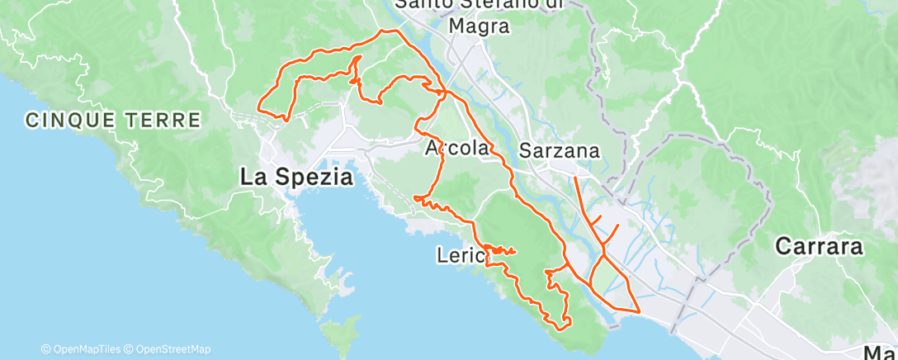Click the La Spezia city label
coord(296,176)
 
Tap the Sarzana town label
coord(559,151)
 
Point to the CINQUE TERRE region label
coord(113,120)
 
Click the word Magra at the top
coord(479,26)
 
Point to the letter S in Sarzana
coord(526,151)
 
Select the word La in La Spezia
coord(252,176)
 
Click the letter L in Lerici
coord(441,257)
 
